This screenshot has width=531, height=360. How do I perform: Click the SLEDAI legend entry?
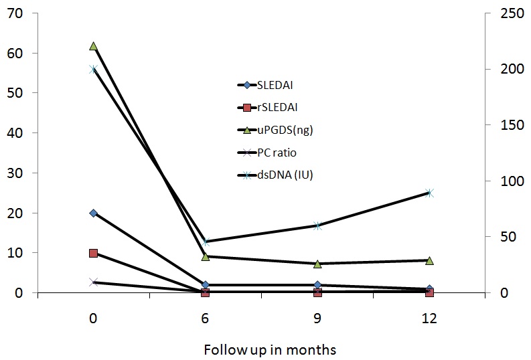click(x=275, y=85)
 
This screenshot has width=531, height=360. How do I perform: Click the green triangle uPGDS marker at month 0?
click(x=93, y=46)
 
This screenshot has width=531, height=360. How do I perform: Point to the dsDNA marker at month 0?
click(x=93, y=70)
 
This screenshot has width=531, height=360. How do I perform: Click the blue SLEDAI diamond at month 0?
click(x=93, y=213)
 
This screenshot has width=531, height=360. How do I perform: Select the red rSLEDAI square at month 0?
click(x=93, y=253)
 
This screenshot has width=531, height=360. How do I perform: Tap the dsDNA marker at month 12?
click(x=429, y=193)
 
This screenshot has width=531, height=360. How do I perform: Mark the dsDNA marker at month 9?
click(x=317, y=226)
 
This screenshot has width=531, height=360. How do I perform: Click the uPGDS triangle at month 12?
click(x=429, y=260)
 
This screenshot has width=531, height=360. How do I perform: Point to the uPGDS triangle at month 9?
click(x=317, y=264)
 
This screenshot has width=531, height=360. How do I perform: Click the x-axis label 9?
click(x=317, y=319)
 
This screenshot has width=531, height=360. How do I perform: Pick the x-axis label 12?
click(x=429, y=319)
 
